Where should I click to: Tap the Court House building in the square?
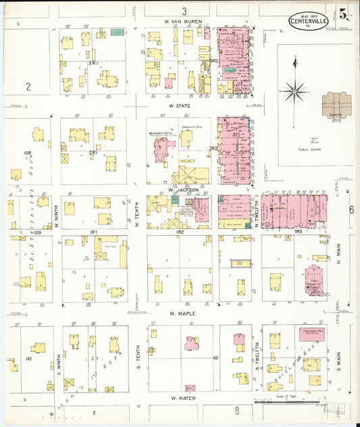336,105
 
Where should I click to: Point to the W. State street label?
179,106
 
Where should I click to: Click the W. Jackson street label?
183,190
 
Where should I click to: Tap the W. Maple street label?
182,313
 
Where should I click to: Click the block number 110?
28,358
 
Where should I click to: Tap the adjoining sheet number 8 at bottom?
236,410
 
